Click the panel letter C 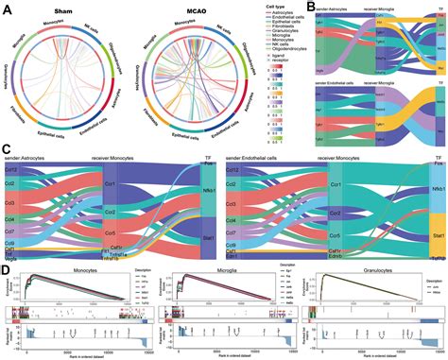pos(6,148)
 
